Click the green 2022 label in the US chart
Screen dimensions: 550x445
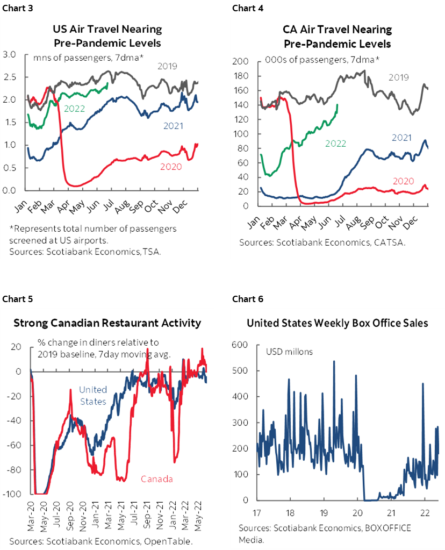click(x=75, y=108)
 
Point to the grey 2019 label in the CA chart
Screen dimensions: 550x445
click(x=398, y=77)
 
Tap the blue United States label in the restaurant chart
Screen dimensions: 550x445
click(x=93, y=395)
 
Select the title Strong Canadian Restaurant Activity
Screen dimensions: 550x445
click(x=107, y=323)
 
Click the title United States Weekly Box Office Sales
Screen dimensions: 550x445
click(x=337, y=323)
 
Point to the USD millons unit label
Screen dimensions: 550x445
click(x=290, y=352)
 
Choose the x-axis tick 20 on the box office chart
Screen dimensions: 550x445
click(x=359, y=511)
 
